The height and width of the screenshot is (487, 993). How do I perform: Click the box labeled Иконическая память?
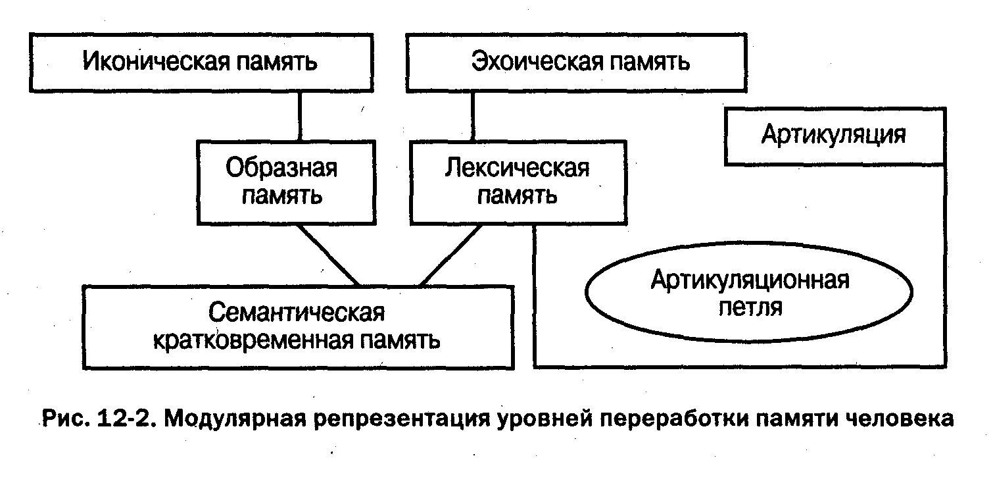tap(200, 63)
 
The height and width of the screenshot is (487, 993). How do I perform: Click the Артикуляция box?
tap(833, 136)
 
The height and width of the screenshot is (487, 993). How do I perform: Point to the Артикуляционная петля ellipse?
tap(749, 294)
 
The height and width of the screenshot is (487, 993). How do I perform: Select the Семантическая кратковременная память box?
tap(297, 327)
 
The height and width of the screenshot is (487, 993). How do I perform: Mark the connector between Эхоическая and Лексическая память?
tap(473, 115)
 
